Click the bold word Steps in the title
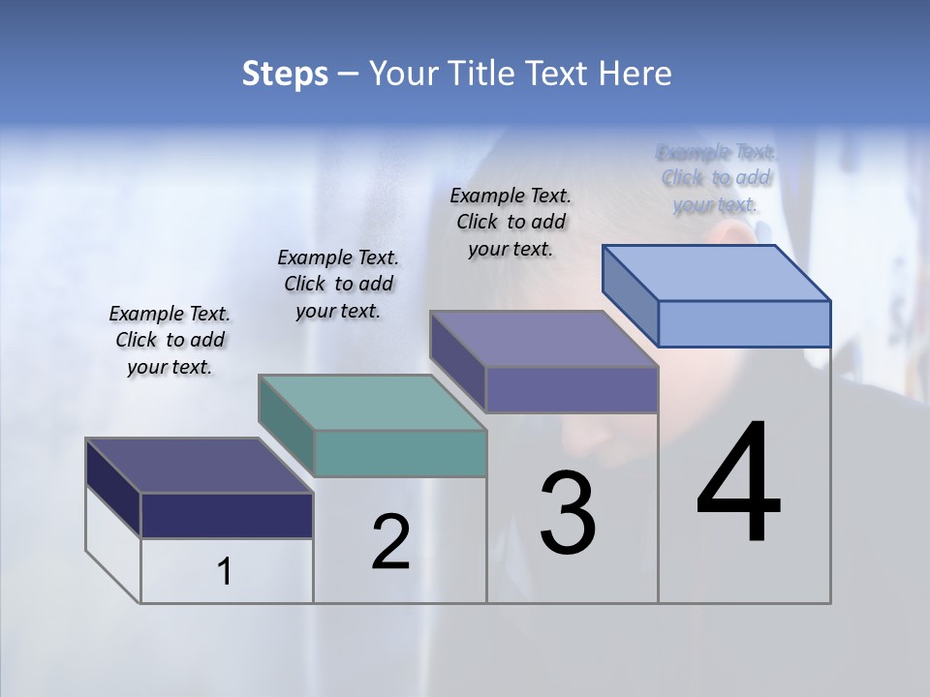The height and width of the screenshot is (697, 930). point(285,74)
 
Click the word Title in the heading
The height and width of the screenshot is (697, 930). point(480,74)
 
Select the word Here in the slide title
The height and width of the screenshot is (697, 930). point(633,74)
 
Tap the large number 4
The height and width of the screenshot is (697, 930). point(738,483)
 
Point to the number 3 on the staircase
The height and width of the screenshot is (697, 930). point(567,512)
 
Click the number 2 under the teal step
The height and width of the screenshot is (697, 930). point(390,541)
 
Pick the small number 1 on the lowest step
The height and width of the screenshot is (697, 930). point(225,572)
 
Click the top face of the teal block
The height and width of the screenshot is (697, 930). point(372,402)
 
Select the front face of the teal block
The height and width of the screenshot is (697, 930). point(400,453)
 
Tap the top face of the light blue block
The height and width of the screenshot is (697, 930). point(717,272)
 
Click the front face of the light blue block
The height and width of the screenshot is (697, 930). point(744,323)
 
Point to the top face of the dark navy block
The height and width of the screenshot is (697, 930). point(200,466)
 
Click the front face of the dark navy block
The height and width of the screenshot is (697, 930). point(227,515)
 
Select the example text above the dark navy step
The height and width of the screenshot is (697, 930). point(170,340)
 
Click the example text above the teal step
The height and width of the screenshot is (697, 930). point(338,284)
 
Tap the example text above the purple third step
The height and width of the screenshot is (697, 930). point(511,222)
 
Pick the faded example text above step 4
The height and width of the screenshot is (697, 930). point(716,178)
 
